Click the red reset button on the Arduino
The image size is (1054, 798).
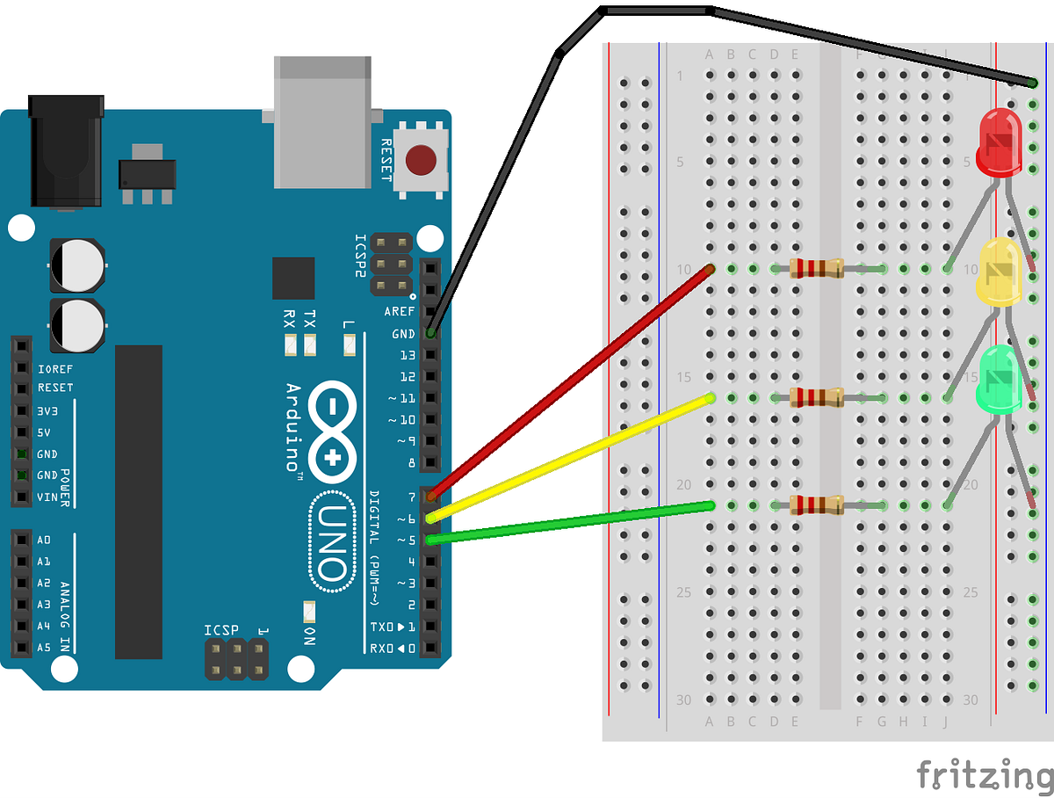point(422,161)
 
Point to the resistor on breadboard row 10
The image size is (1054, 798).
point(816,268)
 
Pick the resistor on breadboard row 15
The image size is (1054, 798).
point(816,397)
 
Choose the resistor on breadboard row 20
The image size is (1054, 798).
point(816,504)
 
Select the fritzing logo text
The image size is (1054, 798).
point(984,774)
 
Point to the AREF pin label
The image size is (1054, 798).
point(400,312)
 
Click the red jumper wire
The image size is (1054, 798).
point(571,380)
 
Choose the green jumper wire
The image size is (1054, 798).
point(571,522)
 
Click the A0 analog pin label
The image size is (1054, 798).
point(44,540)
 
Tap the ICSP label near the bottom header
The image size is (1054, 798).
point(220,630)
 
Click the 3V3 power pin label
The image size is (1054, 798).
point(47,410)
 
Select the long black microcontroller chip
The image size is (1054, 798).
point(139,501)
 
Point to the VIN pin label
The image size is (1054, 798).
point(47,497)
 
